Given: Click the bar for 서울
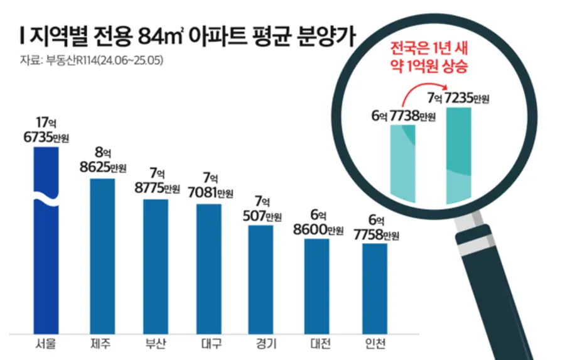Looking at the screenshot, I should click(x=46, y=239).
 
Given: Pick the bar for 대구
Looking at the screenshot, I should click(x=208, y=267).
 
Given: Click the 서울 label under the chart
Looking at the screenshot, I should click(x=46, y=344).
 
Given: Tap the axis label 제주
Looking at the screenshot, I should click(x=102, y=344).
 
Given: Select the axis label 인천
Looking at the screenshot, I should click(x=375, y=344).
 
